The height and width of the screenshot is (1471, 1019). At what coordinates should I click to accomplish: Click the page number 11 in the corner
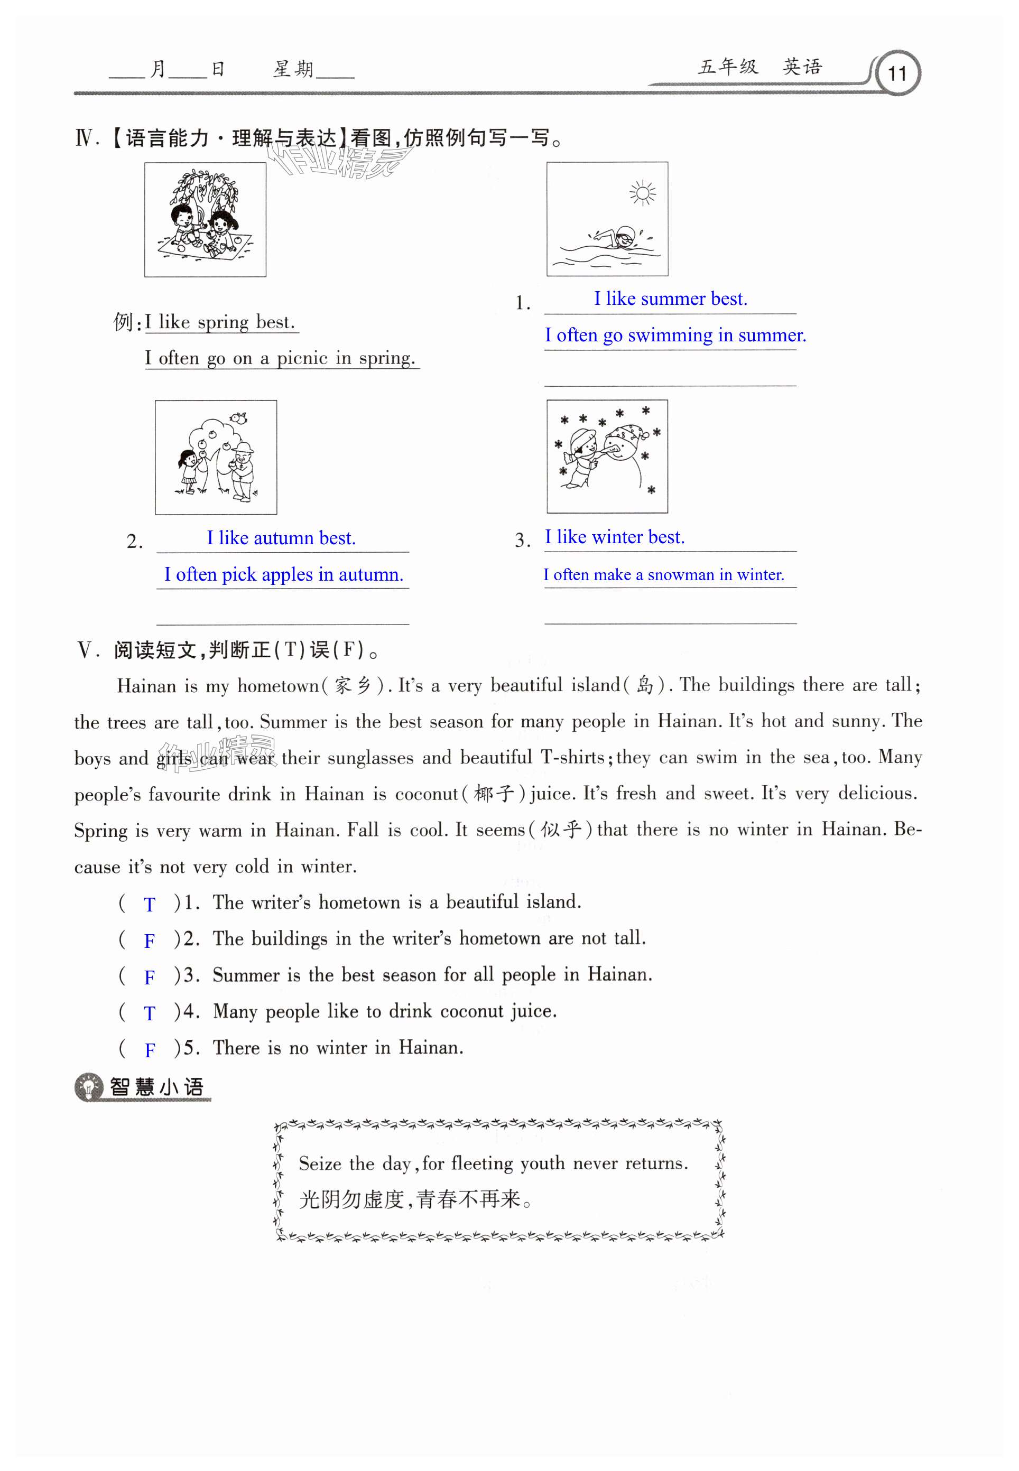click(x=897, y=73)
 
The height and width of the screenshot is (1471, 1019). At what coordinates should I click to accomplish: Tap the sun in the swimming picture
click(x=642, y=193)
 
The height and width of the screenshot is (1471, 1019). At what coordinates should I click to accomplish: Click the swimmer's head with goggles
click(x=626, y=236)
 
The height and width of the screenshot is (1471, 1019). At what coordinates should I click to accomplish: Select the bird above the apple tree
click(x=239, y=418)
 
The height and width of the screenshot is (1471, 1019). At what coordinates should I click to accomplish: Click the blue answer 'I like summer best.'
click(x=670, y=299)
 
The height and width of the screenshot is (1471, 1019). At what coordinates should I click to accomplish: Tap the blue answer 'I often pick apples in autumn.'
click(x=283, y=574)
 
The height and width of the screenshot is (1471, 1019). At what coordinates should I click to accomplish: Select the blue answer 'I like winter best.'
click(x=614, y=537)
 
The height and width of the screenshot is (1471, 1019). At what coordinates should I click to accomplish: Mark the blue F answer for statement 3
click(x=150, y=977)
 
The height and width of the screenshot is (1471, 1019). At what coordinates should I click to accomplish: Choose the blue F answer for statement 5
click(x=150, y=1050)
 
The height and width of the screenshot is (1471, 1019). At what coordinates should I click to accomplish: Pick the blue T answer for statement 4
click(x=150, y=1013)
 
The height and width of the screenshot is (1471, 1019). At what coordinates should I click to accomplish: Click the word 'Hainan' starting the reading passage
click(x=146, y=686)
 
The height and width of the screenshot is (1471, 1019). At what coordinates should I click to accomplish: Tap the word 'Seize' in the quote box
click(x=320, y=1163)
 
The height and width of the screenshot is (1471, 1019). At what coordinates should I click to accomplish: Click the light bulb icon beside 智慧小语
click(x=88, y=1087)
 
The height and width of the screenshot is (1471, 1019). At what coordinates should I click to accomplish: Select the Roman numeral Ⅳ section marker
click(x=85, y=138)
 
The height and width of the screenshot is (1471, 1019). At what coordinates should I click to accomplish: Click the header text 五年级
click(x=728, y=67)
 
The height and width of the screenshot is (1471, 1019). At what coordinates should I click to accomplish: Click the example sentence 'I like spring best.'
click(x=220, y=322)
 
